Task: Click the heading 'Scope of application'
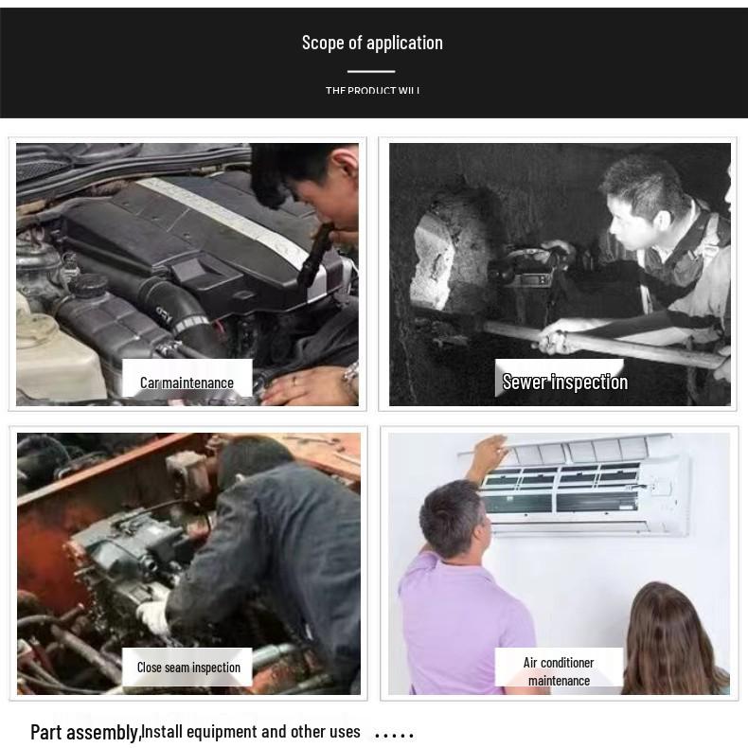(372, 43)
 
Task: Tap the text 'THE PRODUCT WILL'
(372, 91)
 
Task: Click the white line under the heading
(371, 71)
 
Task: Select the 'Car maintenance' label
(187, 383)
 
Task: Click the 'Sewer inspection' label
(564, 382)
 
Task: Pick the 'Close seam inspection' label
(188, 668)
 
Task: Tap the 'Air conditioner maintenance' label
(559, 670)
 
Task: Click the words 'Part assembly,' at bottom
(85, 732)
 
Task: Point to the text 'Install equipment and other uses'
(251, 731)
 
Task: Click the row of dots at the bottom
(394, 735)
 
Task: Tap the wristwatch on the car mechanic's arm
(350, 378)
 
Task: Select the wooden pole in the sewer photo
(606, 343)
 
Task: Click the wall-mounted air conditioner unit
(582, 483)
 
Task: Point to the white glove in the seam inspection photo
(153, 616)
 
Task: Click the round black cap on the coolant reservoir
(92, 283)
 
